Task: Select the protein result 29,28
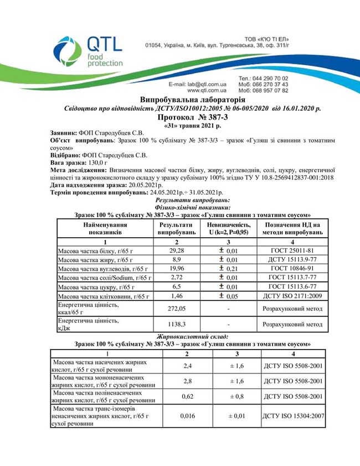176,250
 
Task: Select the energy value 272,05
176,308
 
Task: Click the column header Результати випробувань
176,229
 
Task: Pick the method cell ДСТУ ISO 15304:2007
292,416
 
